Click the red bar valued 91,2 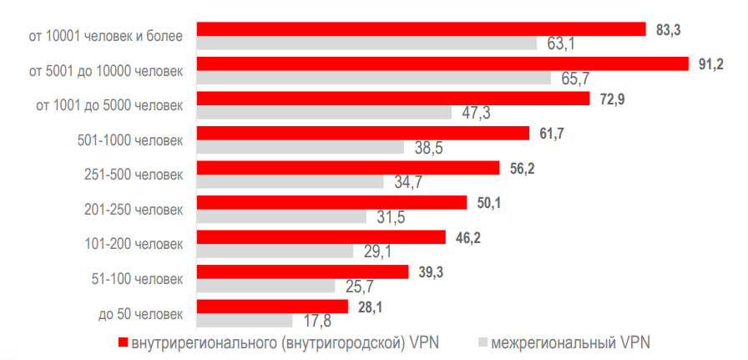[442, 64]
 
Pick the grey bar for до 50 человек [244, 320]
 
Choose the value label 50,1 [488, 203]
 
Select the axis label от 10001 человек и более [104, 37]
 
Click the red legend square [123, 342]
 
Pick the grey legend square [482, 342]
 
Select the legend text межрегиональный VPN [569, 342]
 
